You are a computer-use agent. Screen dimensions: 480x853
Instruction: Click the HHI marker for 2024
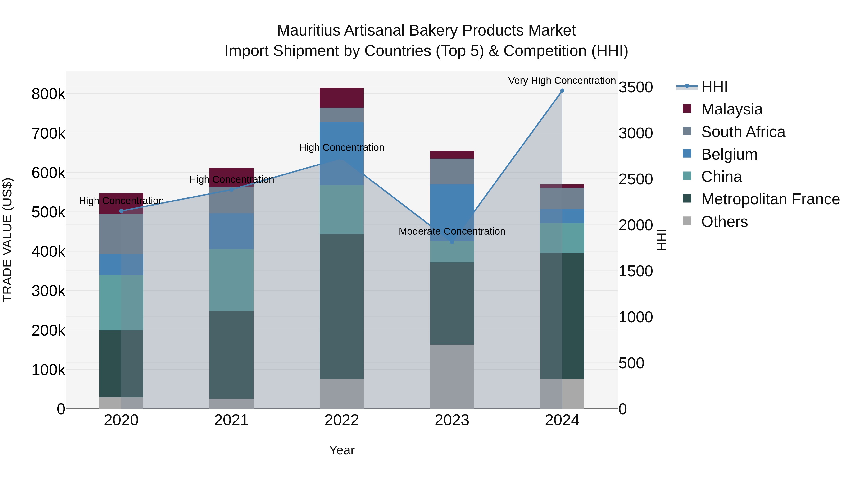[562, 91]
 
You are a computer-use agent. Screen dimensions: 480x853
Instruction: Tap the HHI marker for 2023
[452, 242]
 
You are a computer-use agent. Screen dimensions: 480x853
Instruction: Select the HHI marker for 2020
[121, 211]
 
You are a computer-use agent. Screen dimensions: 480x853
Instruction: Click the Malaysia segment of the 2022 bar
[341, 98]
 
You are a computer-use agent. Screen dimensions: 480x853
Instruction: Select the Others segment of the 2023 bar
[452, 377]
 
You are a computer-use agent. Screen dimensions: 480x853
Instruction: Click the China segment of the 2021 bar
[231, 280]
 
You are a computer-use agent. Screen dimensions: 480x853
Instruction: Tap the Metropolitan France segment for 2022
[341, 306]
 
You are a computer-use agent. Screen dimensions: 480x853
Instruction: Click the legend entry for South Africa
[743, 132]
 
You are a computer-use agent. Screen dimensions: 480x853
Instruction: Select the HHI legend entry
[714, 87]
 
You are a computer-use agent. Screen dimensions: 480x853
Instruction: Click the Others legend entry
[724, 222]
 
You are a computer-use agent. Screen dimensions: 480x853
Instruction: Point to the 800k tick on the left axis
[48, 94]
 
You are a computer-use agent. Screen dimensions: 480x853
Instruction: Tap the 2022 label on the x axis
[341, 420]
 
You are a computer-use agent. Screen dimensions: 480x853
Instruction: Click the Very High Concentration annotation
[562, 81]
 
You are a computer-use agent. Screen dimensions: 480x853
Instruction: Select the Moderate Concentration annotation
[452, 231]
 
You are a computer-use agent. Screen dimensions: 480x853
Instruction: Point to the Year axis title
[342, 450]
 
